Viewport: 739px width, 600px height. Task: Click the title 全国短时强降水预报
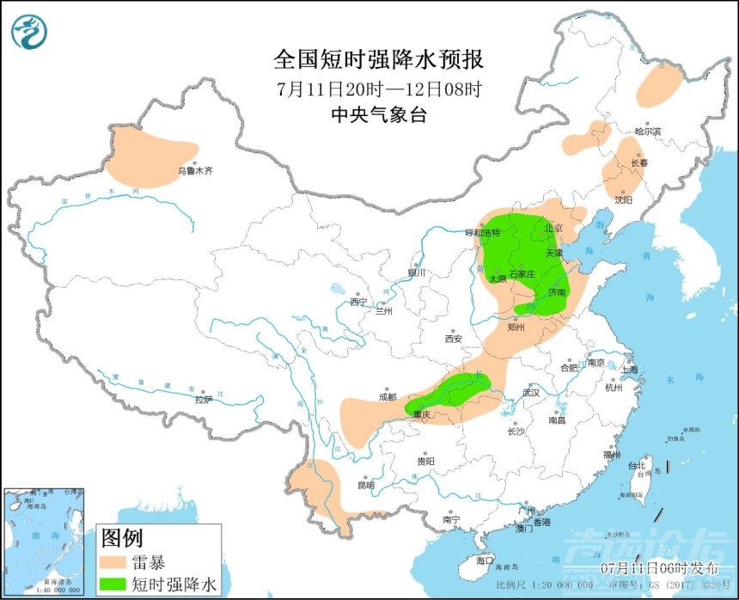point(378,59)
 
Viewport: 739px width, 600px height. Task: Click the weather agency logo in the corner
point(29,30)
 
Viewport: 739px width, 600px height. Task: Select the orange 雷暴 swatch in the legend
point(114,564)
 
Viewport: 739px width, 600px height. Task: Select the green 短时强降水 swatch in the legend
point(114,585)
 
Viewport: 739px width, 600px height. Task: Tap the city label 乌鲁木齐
point(195,171)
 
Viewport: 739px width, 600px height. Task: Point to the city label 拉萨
point(203,399)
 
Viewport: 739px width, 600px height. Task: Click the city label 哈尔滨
point(648,132)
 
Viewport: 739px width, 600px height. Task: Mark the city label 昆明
point(367,485)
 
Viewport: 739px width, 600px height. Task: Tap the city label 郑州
point(516,327)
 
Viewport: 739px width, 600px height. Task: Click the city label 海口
point(486,560)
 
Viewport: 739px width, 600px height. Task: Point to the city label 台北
point(637,467)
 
